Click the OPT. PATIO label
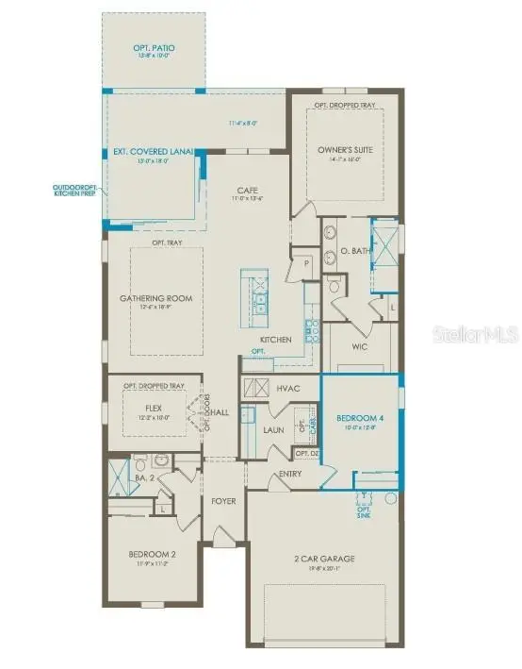tap(155, 47)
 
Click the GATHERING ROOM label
tap(155, 298)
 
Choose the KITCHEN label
tap(276, 339)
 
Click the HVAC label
tap(288, 388)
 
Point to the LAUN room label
tap(273, 428)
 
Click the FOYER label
tap(223, 500)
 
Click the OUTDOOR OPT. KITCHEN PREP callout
tap(74, 192)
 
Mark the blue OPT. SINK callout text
tap(364, 513)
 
